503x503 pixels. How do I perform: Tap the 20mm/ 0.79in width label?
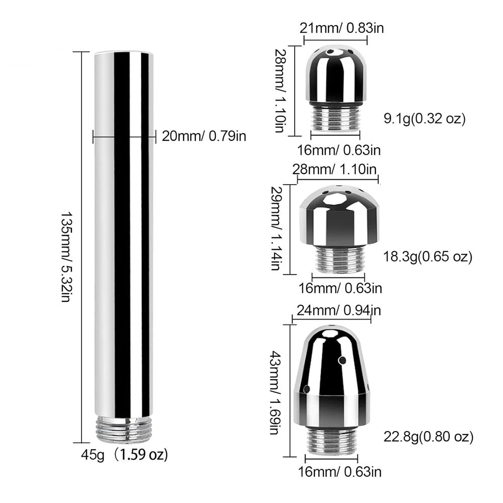(x=204, y=136)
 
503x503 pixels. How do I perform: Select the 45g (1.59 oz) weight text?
(x=124, y=455)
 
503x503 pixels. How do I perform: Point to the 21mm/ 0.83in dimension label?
(x=342, y=28)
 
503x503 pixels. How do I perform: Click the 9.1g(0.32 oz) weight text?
(x=425, y=119)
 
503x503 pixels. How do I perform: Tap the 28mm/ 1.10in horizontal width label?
(x=334, y=169)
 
